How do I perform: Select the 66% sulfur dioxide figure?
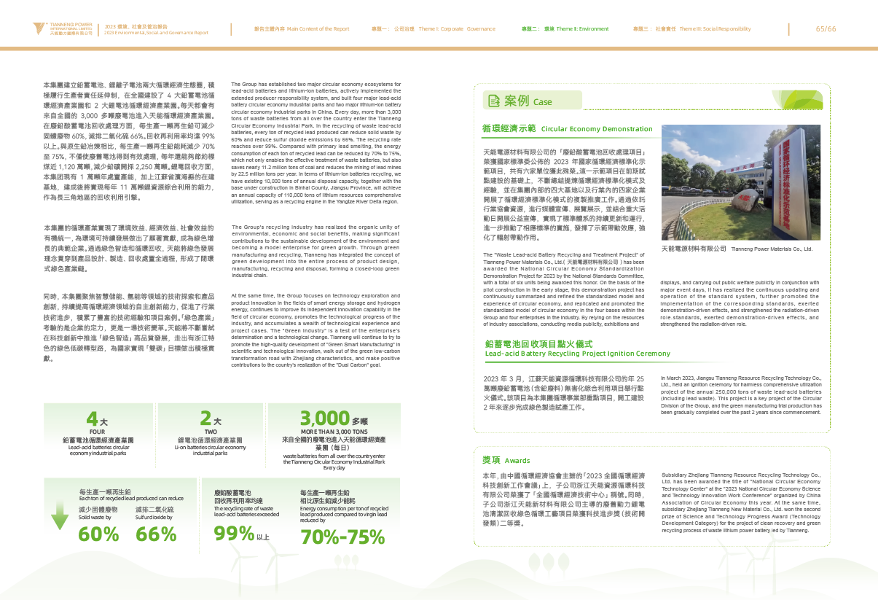(156, 533)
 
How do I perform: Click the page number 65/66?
(826, 28)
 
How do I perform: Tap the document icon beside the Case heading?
(493, 101)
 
